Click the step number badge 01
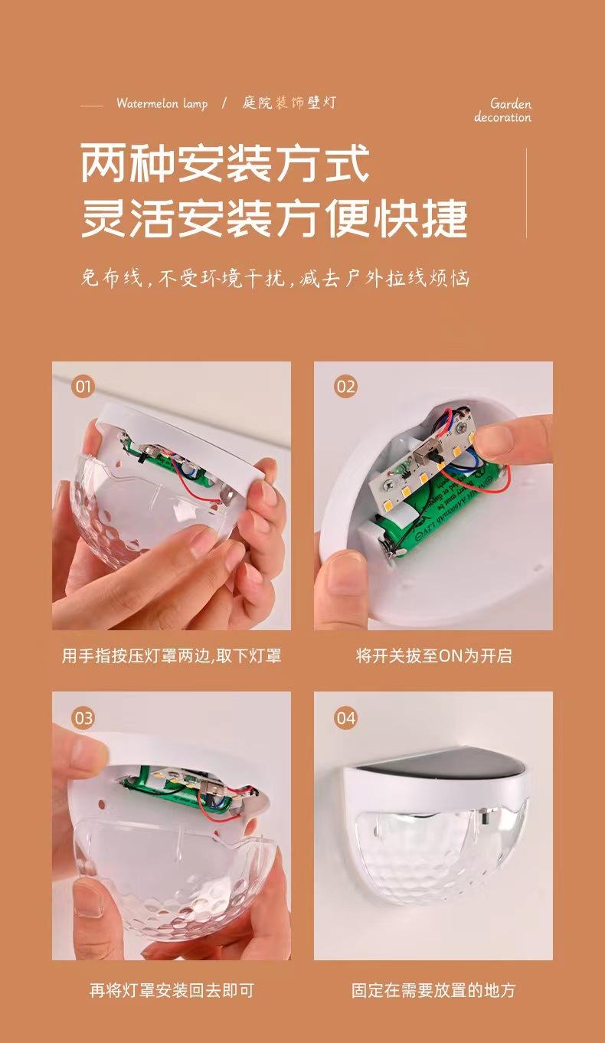coord(83,387)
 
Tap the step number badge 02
coord(345,387)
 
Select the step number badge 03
coord(83,718)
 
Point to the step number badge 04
coord(345,718)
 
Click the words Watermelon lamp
coord(162,103)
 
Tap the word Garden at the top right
coord(511,103)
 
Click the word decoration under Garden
coord(502,117)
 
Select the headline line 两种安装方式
coord(225,163)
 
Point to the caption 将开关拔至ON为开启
coord(434,656)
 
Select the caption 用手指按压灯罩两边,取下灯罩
coord(172,656)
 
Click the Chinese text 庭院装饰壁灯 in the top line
coord(289,103)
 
